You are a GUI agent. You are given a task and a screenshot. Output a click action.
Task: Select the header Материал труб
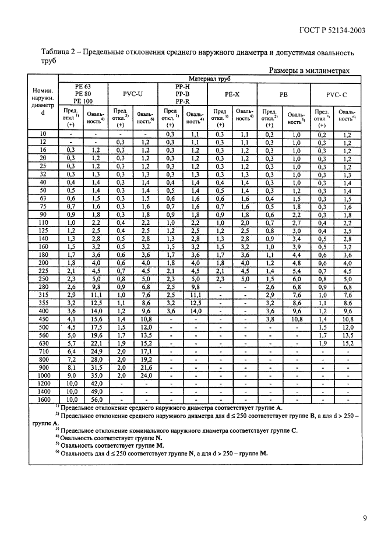pyautogui.click(x=210, y=78)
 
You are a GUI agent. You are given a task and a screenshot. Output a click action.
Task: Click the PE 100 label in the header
pyautogui.click(x=83, y=100)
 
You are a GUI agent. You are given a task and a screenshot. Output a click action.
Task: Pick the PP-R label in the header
pyautogui.click(x=182, y=100)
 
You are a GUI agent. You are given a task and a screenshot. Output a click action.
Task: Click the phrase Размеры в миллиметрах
pyautogui.click(x=309, y=70)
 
